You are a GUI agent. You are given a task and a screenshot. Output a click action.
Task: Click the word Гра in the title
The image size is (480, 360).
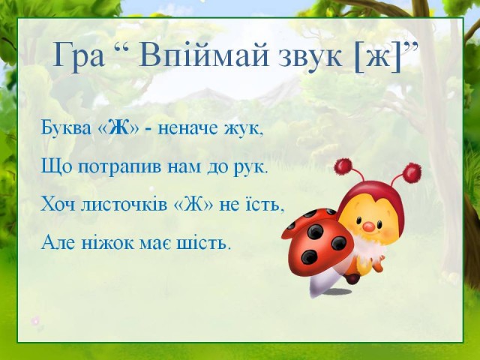click(79, 55)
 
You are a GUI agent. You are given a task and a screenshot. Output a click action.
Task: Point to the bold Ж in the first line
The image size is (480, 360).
click(120, 128)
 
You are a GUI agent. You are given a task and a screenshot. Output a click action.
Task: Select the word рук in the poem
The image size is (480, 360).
click(250, 168)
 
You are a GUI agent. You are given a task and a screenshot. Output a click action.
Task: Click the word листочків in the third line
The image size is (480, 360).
click(124, 205)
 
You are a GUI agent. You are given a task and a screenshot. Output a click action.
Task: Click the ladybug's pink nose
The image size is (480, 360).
click(369, 226)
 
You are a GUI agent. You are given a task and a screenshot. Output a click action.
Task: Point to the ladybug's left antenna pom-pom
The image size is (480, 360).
click(342, 167)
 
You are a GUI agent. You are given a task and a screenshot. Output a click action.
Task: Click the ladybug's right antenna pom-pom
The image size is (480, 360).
click(412, 173)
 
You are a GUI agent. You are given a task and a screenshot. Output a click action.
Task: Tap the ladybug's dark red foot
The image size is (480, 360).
click(352, 278)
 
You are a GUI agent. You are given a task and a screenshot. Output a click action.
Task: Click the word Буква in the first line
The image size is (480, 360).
click(66, 128)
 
